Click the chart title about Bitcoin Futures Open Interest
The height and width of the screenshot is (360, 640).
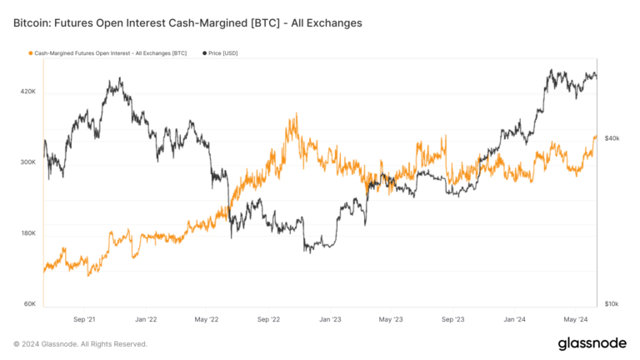pos(187,23)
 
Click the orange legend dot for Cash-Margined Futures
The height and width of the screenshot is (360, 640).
pos(31,53)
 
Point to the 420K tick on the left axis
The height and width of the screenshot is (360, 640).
pos(28,91)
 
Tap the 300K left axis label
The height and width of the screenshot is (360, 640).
pos(28,162)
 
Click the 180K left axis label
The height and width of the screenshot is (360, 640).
pos(28,232)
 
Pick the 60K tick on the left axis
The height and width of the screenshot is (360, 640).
pos(30,303)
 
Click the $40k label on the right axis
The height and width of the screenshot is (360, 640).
pos(612,137)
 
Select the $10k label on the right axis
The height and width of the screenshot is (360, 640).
pos(612,303)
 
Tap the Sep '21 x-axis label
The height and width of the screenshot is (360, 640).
pos(85,318)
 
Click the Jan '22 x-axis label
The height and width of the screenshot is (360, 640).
pos(147,318)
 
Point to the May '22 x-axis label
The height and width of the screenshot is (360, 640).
pos(207,318)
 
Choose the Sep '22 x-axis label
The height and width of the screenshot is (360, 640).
pos(269,318)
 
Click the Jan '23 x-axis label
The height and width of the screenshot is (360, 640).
pos(331,318)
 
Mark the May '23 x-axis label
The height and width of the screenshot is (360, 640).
pos(391,318)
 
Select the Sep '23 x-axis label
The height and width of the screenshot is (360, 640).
pos(453,318)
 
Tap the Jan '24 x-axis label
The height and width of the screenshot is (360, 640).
pos(515,318)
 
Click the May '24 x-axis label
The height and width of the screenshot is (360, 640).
pos(575,318)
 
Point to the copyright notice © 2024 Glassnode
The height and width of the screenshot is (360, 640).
pos(80,344)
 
